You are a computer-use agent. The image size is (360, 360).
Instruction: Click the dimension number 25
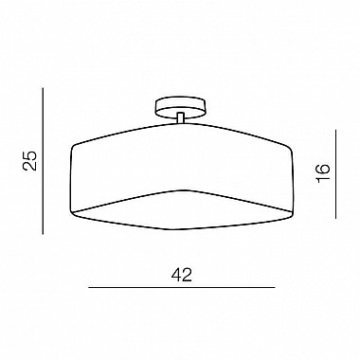pos(29,161)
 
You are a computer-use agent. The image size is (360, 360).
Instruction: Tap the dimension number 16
pos(322,172)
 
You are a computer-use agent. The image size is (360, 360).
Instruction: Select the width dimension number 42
pos(182,275)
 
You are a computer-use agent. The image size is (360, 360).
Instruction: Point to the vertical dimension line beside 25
pos(43,161)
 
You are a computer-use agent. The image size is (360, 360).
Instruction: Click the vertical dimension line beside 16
pos(335,174)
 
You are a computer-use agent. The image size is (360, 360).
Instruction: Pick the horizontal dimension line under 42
pos(182,287)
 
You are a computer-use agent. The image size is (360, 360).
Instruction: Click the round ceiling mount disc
pos(180,107)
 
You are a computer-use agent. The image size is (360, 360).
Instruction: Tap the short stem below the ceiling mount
pos(180,117)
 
